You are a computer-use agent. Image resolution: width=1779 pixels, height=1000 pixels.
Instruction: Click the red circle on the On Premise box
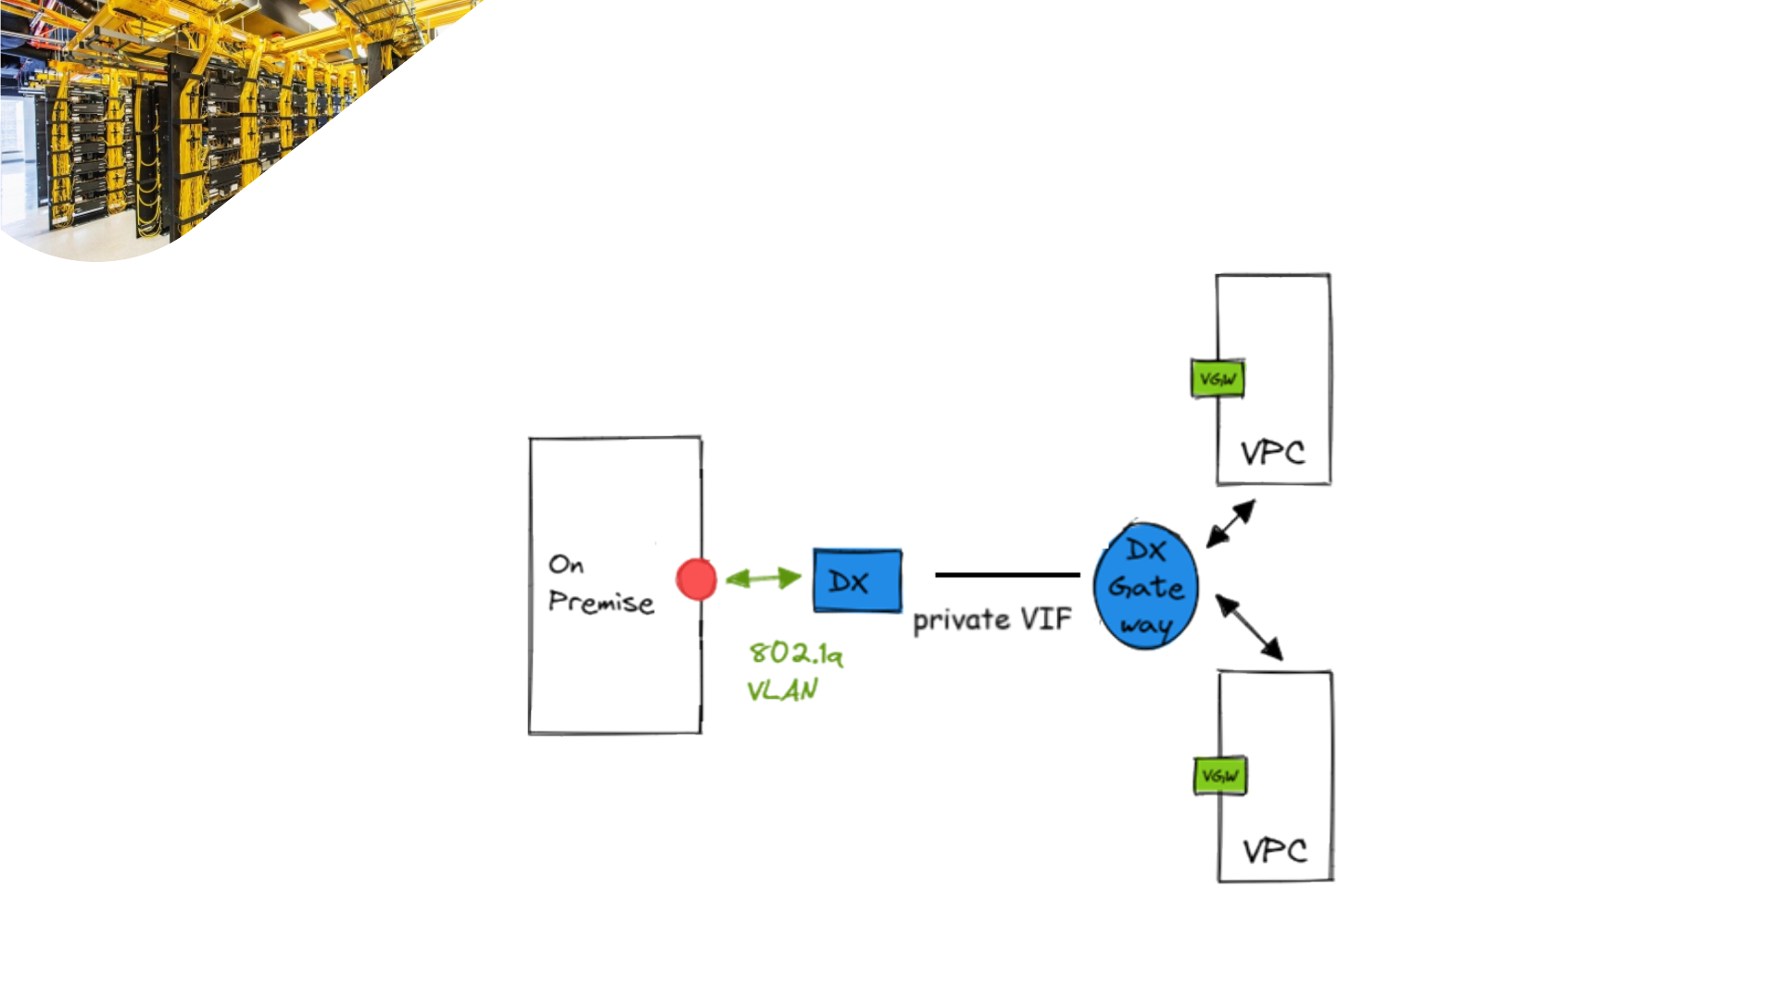[x=696, y=580]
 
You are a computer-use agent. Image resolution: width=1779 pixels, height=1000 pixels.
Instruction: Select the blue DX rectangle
[x=857, y=581]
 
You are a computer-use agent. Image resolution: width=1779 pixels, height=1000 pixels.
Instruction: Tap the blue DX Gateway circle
[x=1145, y=586]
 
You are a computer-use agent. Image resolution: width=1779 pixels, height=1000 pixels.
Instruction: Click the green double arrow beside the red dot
[x=763, y=579]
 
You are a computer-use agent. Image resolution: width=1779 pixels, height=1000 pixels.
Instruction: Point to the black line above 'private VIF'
[x=1007, y=575]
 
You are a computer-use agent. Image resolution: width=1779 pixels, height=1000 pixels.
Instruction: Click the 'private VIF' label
[x=992, y=619]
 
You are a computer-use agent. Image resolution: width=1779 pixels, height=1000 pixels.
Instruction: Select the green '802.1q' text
[x=796, y=653]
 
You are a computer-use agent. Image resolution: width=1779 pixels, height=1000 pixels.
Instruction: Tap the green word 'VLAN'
[x=782, y=690]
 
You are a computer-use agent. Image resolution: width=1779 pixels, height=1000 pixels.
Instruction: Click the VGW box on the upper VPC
[x=1218, y=379]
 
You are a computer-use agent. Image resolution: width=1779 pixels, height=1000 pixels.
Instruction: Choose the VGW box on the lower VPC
[x=1220, y=776]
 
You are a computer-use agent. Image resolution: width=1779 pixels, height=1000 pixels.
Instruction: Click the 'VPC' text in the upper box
[x=1273, y=453]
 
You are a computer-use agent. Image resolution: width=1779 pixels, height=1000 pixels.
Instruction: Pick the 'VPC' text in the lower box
[x=1275, y=851]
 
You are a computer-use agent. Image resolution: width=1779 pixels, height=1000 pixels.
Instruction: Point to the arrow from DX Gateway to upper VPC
[x=1230, y=524]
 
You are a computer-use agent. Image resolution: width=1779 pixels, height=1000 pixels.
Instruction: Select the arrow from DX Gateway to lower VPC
[x=1249, y=628]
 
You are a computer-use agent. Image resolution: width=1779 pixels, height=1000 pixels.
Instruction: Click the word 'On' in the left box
[x=566, y=564]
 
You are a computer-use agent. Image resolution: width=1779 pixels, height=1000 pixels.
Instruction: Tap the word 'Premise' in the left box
[x=600, y=602]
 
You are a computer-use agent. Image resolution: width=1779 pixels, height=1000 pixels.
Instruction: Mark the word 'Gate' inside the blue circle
[x=1145, y=587]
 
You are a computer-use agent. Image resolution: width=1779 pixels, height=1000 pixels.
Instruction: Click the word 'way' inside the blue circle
[x=1146, y=626]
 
